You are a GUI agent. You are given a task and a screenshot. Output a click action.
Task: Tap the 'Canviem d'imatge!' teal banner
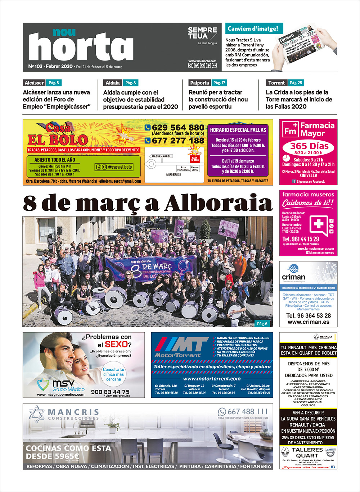[x=253, y=29]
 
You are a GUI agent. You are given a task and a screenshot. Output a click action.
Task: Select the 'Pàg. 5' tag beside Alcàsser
[x=53, y=83]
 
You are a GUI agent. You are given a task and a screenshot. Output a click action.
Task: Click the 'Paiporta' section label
[x=199, y=83]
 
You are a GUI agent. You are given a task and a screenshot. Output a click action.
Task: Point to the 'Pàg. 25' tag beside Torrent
[x=296, y=83]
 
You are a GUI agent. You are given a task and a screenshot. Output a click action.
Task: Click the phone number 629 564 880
[x=178, y=128]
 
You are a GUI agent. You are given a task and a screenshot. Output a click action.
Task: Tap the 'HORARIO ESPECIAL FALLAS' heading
[x=238, y=130]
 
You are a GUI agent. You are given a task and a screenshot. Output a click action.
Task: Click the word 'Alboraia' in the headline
[x=218, y=203]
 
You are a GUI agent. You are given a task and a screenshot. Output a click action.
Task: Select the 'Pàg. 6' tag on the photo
[x=262, y=324]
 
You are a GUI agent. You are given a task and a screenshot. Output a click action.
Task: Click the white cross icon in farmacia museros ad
[x=318, y=224]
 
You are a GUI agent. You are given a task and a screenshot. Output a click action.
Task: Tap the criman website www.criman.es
[x=309, y=322]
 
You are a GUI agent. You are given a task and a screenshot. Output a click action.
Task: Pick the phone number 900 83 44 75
[x=110, y=392]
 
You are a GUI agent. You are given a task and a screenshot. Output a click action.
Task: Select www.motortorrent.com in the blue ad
[x=212, y=378]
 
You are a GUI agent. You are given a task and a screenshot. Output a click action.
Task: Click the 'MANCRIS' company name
[x=73, y=412]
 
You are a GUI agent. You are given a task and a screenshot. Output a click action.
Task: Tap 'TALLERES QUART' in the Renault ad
[x=307, y=452]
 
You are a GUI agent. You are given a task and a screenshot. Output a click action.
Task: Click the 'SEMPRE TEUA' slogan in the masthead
[x=202, y=33]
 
